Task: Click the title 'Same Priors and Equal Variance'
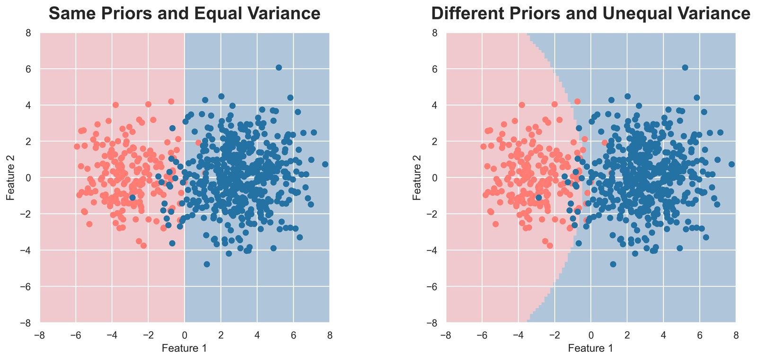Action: (185, 14)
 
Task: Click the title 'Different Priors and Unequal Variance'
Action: (590, 14)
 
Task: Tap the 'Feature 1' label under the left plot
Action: (184, 349)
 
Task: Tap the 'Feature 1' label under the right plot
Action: (590, 349)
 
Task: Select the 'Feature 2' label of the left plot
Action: (10, 177)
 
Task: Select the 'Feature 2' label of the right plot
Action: (417, 177)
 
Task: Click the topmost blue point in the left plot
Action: (279, 68)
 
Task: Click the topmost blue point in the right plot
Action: (685, 68)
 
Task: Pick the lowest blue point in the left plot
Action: (207, 264)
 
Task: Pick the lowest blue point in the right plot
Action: (613, 264)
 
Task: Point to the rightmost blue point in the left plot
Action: (325, 164)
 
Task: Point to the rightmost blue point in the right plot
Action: (731, 164)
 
